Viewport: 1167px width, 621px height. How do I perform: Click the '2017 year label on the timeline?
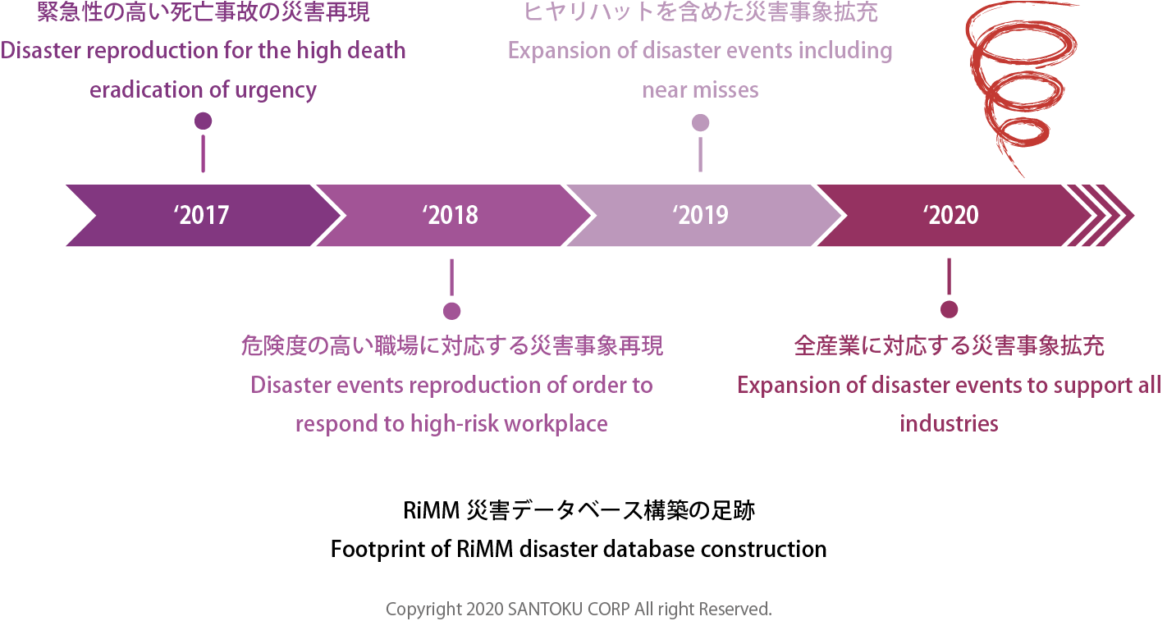click(202, 215)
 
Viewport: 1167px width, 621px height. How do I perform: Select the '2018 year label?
click(451, 215)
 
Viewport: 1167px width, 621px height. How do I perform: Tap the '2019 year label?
click(701, 215)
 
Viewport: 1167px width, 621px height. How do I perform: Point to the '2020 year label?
click(950, 215)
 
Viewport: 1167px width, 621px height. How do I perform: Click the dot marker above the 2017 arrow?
click(204, 121)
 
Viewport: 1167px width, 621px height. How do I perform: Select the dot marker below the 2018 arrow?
click(451, 311)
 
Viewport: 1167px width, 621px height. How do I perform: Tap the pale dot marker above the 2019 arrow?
click(700, 123)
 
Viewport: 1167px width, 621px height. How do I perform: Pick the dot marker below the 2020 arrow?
click(950, 309)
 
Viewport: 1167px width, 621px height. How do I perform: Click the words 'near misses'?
click(700, 90)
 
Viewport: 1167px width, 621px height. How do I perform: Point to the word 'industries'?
click(949, 424)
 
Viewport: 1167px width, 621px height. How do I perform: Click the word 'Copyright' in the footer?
click(423, 610)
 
